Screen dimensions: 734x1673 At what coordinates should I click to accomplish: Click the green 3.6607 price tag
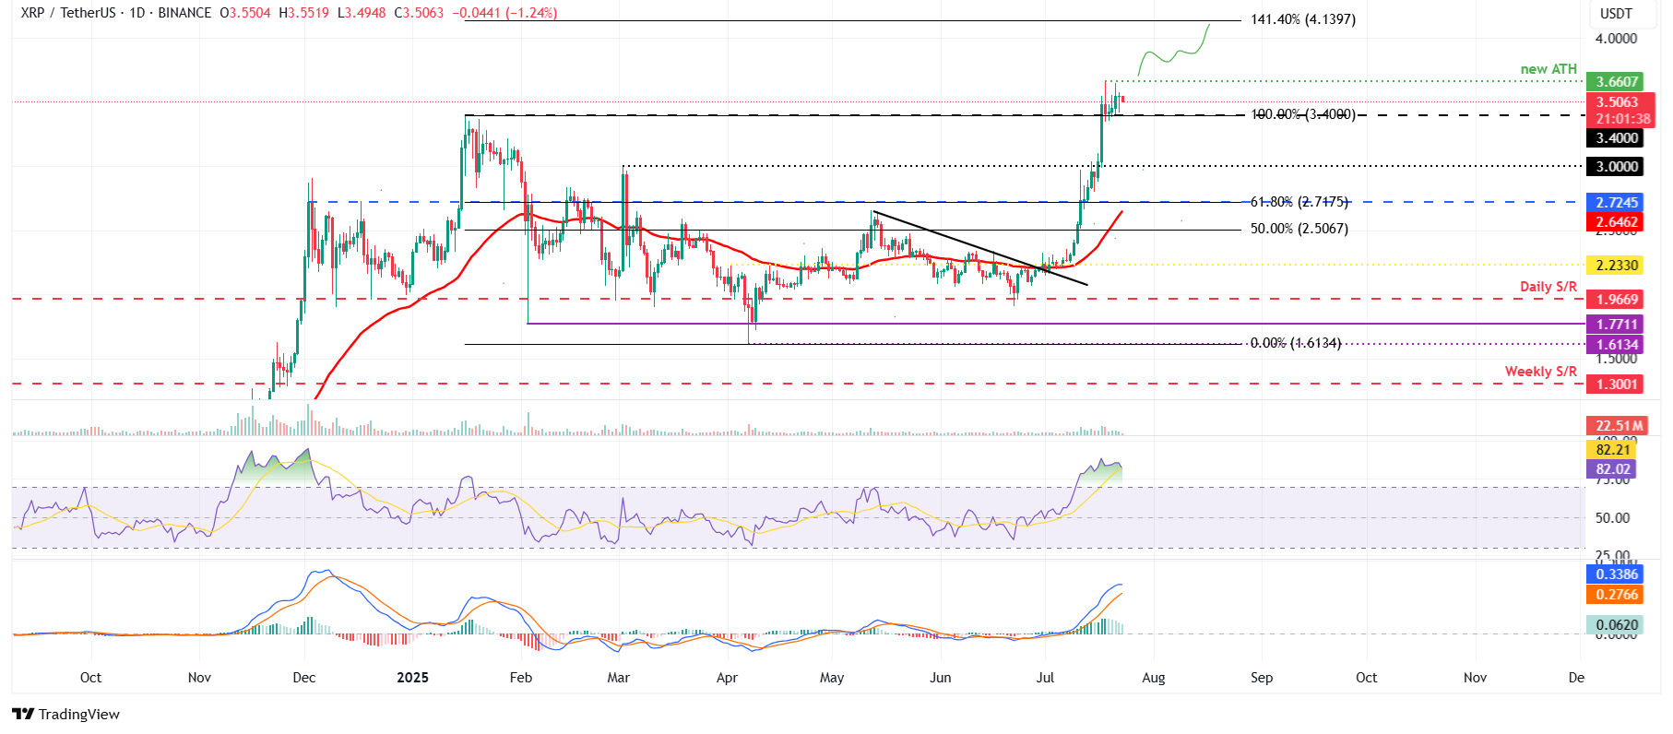(1617, 82)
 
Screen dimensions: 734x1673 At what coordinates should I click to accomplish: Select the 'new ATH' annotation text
(1548, 69)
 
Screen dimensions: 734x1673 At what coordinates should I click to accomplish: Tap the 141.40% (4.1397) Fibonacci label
(1302, 19)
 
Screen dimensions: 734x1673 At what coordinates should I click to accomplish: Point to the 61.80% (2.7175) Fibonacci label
(1299, 202)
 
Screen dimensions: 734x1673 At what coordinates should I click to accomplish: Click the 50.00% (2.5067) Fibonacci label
(1299, 229)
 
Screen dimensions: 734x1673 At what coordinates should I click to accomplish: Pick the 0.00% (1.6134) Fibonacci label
(1295, 343)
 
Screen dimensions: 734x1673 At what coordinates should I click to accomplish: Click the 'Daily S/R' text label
(1548, 287)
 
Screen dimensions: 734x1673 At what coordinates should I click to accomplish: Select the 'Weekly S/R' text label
(1540, 372)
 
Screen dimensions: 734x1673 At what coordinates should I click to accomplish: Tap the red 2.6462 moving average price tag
(1617, 222)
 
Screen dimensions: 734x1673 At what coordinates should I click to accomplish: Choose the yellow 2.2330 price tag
(1617, 266)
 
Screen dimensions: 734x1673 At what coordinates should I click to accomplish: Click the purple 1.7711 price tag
(1617, 325)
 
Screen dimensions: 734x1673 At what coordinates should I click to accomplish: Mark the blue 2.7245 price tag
(1617, 203)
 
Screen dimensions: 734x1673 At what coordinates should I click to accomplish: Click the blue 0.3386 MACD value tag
(1617, 574)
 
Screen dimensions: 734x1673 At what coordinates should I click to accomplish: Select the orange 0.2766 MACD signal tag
(1617, 595)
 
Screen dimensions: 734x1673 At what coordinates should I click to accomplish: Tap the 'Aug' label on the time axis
(1153, 678)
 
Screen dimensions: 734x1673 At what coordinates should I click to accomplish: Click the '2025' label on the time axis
(412, 678)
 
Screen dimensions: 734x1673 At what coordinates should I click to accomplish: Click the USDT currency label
(1616, 14)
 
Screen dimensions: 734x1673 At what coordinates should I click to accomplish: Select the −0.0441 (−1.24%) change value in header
(504, 13)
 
